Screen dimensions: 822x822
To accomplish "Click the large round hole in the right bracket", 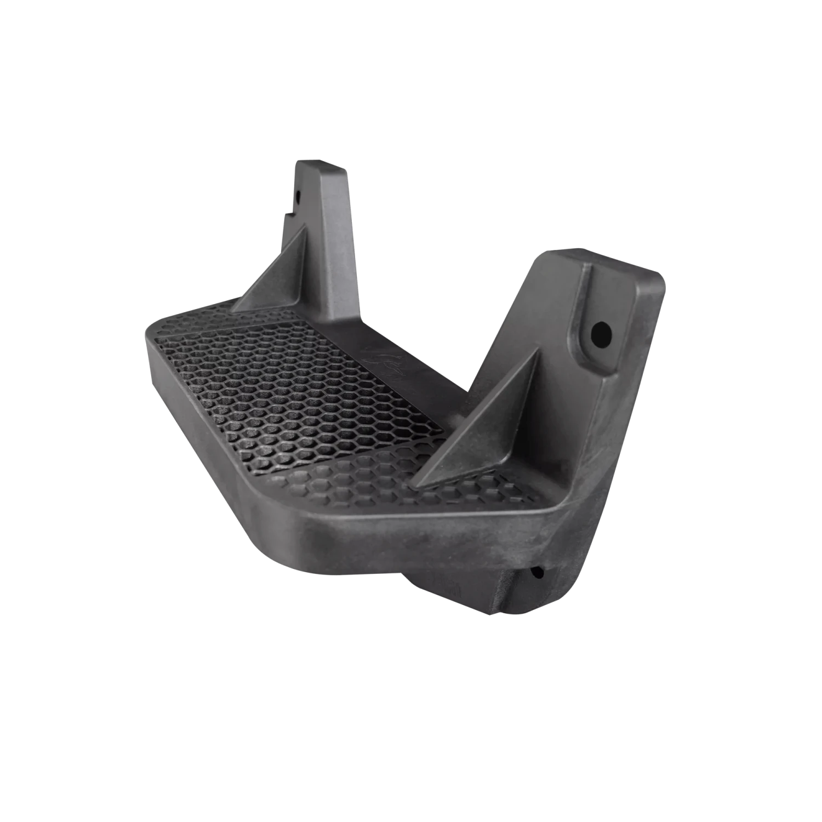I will pos(601,332).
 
